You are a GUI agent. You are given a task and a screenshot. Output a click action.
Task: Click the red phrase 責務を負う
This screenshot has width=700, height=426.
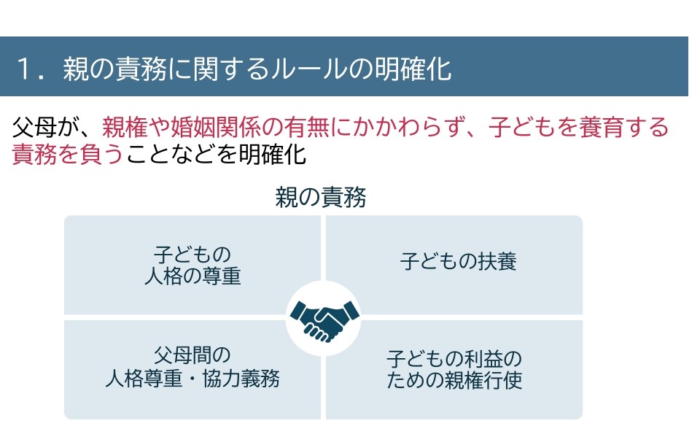tap(69, 154)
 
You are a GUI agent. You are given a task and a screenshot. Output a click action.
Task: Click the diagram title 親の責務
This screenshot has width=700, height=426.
tap(320, 198)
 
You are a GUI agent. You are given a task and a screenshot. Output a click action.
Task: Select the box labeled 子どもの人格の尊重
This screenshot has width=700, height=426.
tap(192, 266)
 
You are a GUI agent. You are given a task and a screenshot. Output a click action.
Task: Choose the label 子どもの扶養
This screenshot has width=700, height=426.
tap(458, 261)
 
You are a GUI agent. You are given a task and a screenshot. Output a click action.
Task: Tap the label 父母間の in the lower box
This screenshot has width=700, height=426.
tap(192, 355)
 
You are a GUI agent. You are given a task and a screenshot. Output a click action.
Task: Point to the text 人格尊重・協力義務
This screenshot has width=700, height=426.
tap(192, 379)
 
